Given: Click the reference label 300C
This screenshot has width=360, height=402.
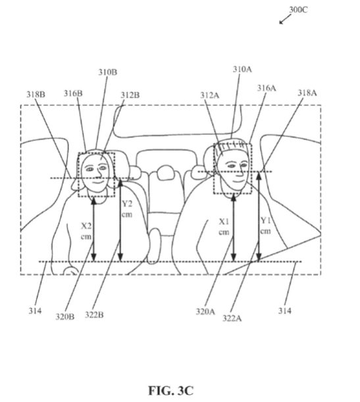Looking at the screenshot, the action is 298,9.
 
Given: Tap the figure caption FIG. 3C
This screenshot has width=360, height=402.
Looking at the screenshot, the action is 170,390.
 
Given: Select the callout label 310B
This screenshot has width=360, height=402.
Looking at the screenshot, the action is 108,72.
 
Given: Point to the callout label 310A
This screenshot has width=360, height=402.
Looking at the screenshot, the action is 242,69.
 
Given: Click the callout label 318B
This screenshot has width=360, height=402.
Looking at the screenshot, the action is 36,94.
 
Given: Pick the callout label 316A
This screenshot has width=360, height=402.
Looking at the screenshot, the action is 267,88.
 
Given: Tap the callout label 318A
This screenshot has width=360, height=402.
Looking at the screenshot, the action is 307,93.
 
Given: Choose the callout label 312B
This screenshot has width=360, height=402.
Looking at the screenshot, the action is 130,95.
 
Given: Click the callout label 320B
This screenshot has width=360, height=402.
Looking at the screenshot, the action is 65,316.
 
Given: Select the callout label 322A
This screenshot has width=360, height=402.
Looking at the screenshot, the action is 232,318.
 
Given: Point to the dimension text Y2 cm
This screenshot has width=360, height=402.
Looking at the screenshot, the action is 127,209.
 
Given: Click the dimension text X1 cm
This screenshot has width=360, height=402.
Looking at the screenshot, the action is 224,226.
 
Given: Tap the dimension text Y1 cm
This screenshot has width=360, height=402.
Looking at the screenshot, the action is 265,226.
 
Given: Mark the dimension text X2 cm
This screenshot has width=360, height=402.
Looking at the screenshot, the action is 86,231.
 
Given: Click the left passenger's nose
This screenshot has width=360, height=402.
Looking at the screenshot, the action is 97,174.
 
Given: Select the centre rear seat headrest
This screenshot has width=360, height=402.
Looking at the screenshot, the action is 166,172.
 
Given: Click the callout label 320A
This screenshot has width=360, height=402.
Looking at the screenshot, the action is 205,311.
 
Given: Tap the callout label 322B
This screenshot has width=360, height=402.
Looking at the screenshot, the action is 94,314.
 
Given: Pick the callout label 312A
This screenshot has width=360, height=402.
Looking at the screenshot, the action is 210,95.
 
